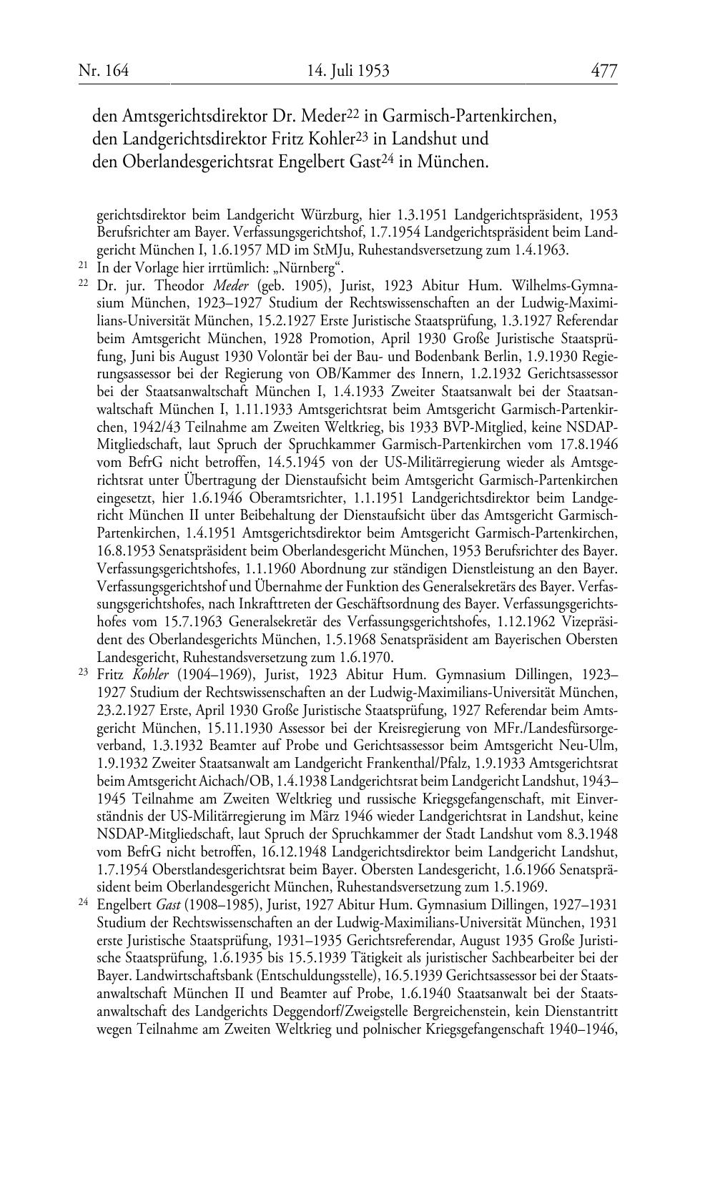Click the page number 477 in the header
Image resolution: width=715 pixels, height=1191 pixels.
(603, 70)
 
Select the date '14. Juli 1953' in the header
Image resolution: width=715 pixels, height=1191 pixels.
(348, 70)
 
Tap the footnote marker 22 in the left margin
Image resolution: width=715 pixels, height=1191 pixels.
(82, 284)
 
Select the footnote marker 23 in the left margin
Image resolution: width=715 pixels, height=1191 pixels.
(82, 673)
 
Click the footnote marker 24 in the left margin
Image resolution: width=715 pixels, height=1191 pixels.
(82, 902)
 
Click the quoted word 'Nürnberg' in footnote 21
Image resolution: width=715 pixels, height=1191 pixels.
(310, 268)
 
